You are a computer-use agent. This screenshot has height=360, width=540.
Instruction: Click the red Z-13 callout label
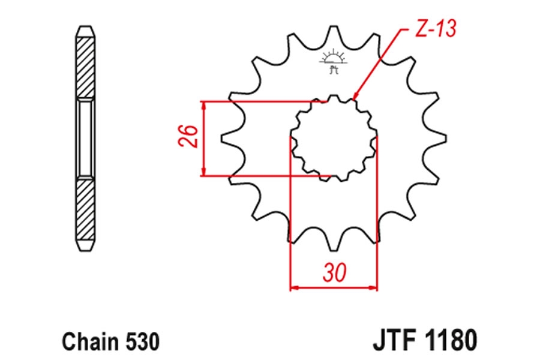436,28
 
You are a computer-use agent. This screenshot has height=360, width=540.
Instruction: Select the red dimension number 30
334,272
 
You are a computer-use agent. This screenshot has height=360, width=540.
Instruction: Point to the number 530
143,342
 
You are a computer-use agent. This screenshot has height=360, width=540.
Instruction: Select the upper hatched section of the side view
85,67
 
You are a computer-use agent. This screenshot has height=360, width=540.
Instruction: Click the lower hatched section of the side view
85,210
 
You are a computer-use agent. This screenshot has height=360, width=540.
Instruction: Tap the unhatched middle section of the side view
85,138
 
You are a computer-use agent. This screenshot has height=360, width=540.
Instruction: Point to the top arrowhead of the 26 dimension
204,106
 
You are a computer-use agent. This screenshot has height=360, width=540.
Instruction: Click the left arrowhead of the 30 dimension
295,287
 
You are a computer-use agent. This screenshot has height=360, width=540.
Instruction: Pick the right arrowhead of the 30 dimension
373,287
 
